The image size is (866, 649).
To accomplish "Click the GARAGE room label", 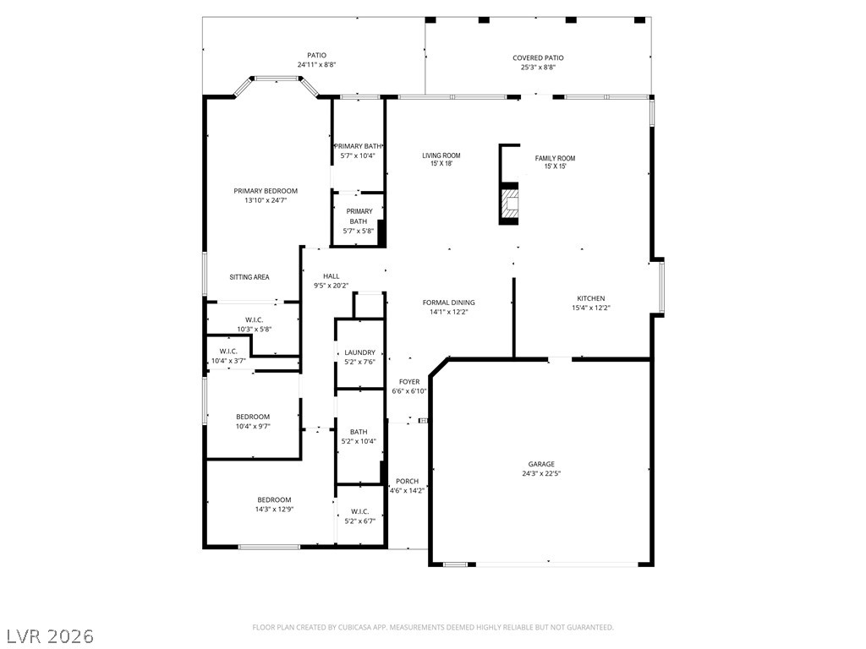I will (541, 464).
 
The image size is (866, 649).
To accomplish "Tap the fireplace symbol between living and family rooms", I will (509, 204).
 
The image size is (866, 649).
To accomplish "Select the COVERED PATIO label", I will (538, 58).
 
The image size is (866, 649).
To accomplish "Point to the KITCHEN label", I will (590, 298).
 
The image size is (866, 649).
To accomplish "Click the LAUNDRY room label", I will (359, 352).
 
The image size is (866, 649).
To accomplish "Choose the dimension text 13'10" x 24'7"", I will (266, 200).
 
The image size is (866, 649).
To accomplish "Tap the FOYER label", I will (409, 382).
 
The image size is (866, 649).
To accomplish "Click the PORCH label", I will (407, 482).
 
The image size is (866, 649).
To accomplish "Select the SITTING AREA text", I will (249, 277).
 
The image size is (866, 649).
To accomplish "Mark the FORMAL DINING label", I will (448, 303).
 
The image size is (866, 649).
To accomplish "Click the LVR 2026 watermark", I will (48, 635).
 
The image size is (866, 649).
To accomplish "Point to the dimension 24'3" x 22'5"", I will (541, 474).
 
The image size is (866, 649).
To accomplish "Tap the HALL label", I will (331, 276).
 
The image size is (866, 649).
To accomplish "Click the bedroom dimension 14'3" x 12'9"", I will (274, 510).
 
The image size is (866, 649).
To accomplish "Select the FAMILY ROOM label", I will (555, 158).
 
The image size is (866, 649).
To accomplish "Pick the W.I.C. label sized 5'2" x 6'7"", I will (359, 511).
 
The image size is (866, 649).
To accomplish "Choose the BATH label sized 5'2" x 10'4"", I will (359, 432).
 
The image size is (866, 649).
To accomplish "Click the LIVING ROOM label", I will (441, 155).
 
